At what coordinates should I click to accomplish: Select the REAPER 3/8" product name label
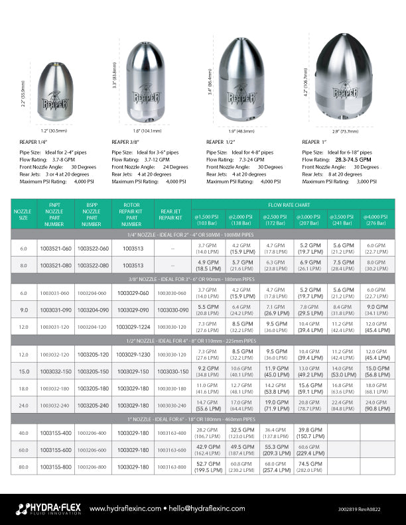(x=125, y=142)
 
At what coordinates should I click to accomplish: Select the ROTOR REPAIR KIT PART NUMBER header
(x=135, y=215)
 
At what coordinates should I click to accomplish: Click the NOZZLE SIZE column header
(x=23, y=215)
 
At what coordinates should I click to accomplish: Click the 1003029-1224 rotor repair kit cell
(x=135, y=327)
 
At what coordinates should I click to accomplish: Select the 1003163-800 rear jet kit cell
(x=172, y=467)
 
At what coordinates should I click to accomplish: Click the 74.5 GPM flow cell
(x=310, y=467)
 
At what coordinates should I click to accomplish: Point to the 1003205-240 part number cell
(x=93, y=405)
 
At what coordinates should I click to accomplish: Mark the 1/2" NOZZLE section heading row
(x=203, y=340)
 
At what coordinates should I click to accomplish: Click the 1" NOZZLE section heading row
(x=203, y=419)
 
